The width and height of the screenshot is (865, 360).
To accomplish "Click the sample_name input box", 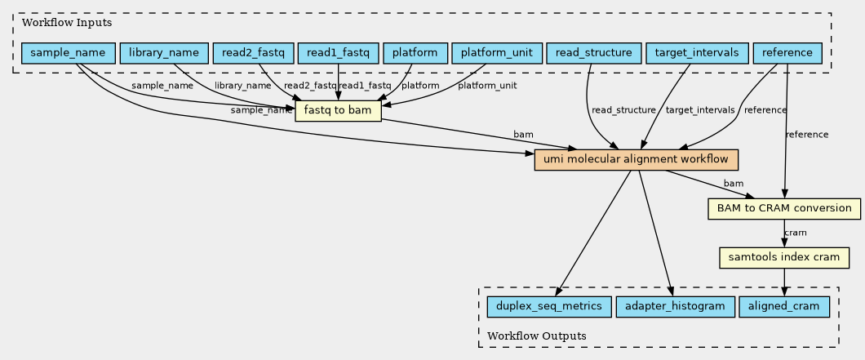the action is tap(68, 53).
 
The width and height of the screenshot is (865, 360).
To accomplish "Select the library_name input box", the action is tap(164, 53).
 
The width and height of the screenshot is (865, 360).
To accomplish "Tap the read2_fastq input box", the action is tap(253, 53).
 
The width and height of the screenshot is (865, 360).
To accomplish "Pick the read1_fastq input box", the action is tap(338, 53).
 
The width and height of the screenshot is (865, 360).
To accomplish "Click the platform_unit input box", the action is tap(496, 53).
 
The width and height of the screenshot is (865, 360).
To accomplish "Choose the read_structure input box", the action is tap(593, 53).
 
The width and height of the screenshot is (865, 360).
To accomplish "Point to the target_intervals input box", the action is tap(697, 53).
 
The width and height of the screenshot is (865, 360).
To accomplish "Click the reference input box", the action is tap(787, 53).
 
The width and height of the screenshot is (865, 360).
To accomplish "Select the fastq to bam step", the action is tap(338, 111).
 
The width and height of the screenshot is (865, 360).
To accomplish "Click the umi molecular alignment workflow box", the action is tap(636, 159).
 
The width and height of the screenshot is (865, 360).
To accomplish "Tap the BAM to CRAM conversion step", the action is tap(784, 208).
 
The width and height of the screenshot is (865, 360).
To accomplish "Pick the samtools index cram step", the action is tap(784, 257).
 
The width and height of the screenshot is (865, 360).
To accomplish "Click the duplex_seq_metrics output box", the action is tap(549, 306).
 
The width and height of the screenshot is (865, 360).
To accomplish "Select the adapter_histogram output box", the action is tap(675, 306).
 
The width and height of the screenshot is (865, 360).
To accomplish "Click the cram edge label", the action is tap(795, 233).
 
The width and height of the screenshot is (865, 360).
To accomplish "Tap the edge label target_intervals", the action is tap(700, 110).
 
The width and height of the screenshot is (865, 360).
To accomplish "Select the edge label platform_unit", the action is tap(487, 86).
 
